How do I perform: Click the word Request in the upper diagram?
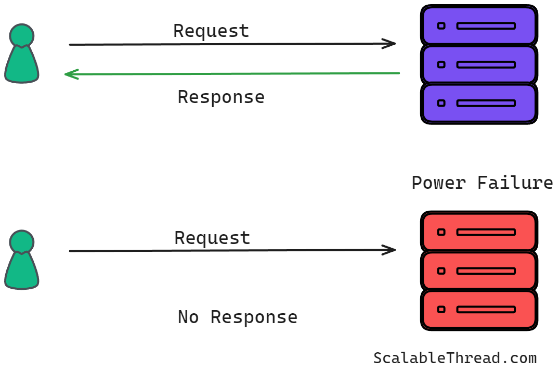pos(211,31)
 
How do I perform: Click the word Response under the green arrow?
pos(221,97)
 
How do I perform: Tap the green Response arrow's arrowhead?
pos(69,74)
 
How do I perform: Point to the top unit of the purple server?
pos(478,25)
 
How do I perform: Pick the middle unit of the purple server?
pos(478,65)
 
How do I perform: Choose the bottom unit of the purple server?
pos(478,103)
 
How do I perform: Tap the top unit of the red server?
pos(478,232)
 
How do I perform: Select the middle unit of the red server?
pos(478,271)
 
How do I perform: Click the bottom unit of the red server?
pos(478,310)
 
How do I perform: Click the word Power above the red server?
pos(438,183)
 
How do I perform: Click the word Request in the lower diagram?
pos(212,238)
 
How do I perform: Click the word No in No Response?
pos(188,317)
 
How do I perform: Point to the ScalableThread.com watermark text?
pos(454,358)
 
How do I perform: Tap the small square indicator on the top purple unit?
pos(441,25)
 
